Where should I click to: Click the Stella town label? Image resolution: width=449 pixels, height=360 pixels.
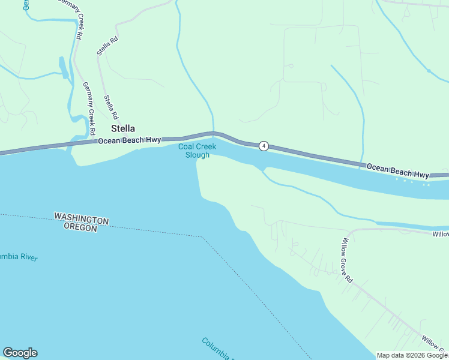click(x=122, y=128)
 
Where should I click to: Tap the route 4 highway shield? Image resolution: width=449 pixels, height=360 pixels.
click(x=263, y=146)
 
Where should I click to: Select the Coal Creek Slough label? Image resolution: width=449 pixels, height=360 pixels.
click(x=194, y=151)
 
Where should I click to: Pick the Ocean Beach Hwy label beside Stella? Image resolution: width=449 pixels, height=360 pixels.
click(x=129, y=140)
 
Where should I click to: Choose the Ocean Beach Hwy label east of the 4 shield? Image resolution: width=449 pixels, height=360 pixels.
click(x=397, y=170)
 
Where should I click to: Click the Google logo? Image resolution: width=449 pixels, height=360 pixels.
click(x=20, y=353)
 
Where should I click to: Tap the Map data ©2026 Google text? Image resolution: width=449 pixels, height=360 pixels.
click(x=412, y=355)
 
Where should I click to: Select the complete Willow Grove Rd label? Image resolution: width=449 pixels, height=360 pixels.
click(x=346, y=257)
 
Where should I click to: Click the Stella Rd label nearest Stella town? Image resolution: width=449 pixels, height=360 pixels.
click(x=111, y=107)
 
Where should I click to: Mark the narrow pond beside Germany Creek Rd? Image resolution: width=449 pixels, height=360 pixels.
click(x=63, y=67)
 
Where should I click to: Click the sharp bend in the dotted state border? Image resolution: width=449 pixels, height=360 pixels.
click(x=203, y=238)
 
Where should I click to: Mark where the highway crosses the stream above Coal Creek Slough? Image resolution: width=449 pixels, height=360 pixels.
click(x=212, y=133)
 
